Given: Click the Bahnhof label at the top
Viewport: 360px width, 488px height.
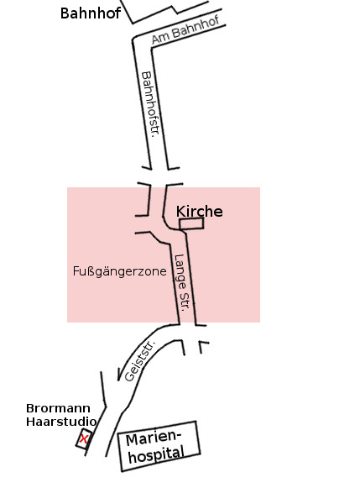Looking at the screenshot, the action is pyautogui.click(x=90, y=13).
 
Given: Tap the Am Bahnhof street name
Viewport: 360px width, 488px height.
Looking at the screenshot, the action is pyautogui.click(x=185, y=29).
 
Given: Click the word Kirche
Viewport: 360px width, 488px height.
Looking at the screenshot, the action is pyautogui.click(x=199, y=212).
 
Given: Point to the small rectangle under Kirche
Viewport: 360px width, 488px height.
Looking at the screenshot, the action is pyautogui.click(x=191, y=223).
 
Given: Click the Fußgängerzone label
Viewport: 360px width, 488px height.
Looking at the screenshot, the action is pyautogui.click(x=120, y=271).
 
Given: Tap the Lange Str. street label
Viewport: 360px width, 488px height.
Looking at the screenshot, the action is pyautogui.click(x=183, y=283).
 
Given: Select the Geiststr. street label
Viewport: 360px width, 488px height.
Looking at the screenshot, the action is pyautogui.click(x=140, y=361).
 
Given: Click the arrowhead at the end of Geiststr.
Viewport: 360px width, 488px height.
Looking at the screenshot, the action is pyautogui.click(x=119, y=374).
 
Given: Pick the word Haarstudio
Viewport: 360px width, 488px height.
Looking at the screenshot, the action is pyautogui.click(x=61, y=422).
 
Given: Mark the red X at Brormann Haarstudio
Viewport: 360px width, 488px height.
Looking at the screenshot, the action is pyautogui.click(x=84, y=438).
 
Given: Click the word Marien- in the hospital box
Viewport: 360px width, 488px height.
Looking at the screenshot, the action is pyautogui.click(x=154, y=438).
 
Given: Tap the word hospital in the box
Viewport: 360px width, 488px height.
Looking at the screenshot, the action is pyautogui.click(x=157, y=455).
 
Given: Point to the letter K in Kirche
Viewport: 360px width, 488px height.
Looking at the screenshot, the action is pyautogui.click(x=180, y=212).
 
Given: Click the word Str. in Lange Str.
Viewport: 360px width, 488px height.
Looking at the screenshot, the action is pyautogui.click(x=186, y=302).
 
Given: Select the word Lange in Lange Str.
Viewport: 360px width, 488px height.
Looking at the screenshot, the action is pyautogui.click(x=180, y=270).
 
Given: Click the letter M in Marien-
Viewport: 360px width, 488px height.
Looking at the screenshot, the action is pyautogui.click(x=132, y=440).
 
